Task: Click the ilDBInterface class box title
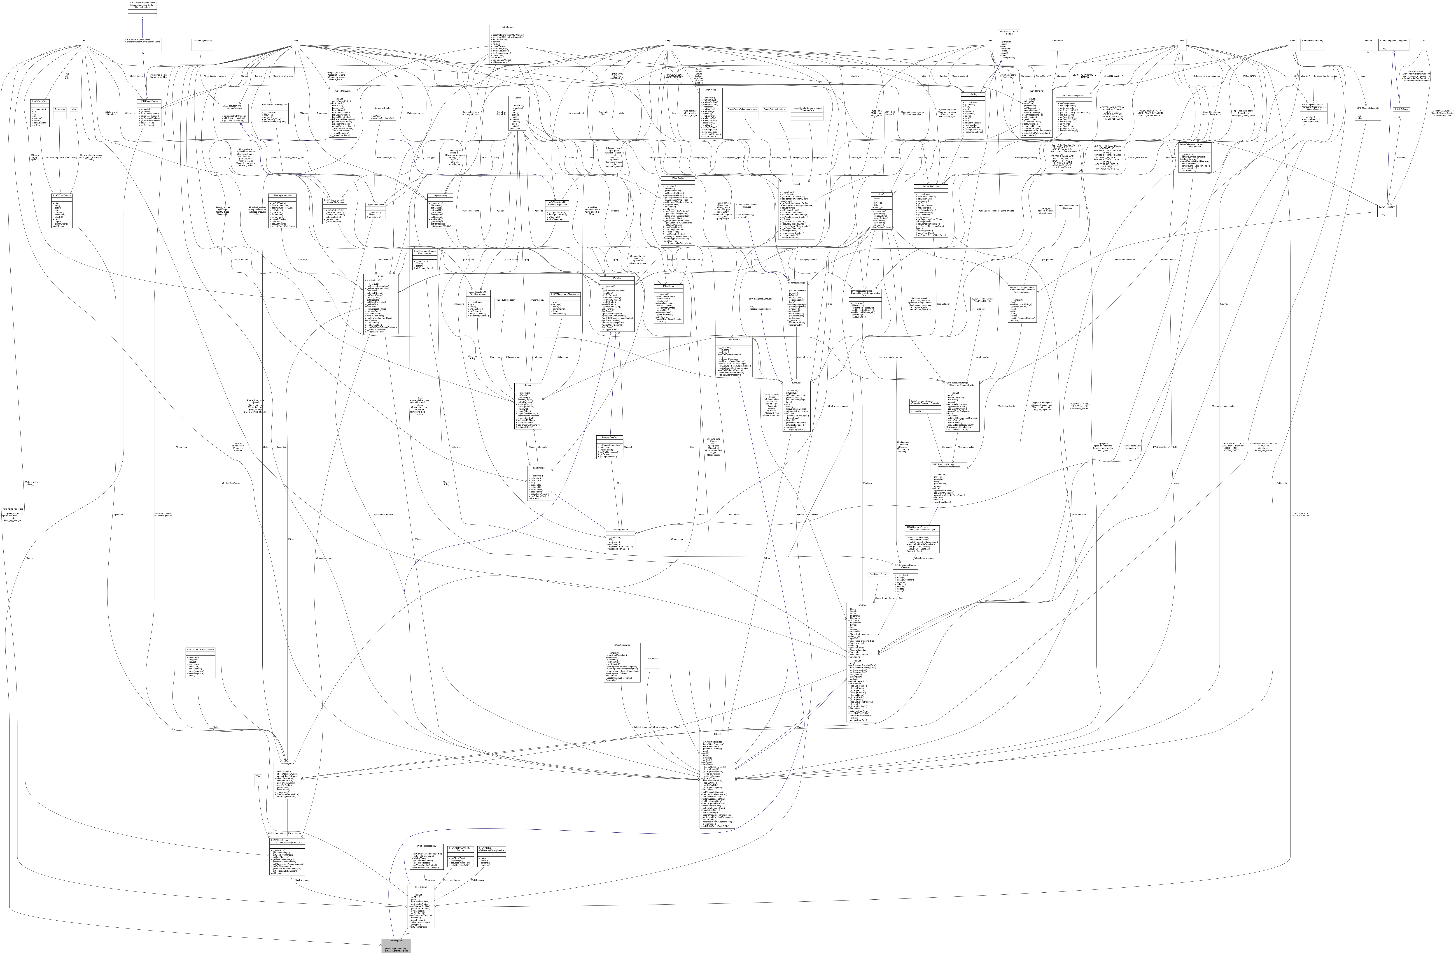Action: (x=507, y=27)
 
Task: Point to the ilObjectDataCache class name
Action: (x=343, y=91)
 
